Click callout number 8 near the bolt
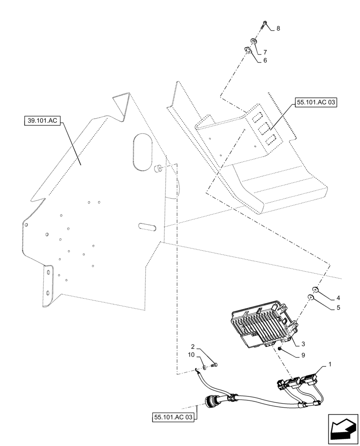(x=278, y=29)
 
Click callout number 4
(x=338, y=297)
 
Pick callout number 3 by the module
(x=303, y=344)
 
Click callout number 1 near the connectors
(x=330, y=365)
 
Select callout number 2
(x=193, y=346)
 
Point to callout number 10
(x=192, y=355)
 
